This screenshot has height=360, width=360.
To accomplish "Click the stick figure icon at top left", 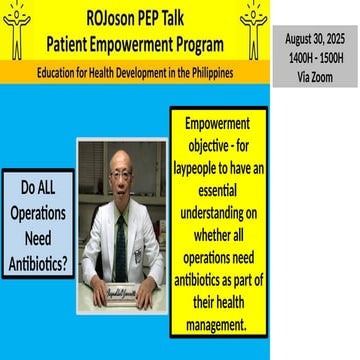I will (x=17, y=30).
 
